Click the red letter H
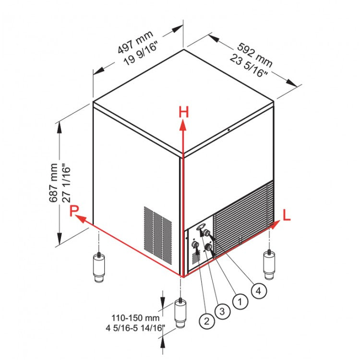coord(183,112)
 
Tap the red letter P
coord(73,211)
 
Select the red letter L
coord(286,216)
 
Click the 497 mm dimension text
coord(135,42)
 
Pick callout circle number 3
coord(221,311)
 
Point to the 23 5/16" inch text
coord(249,64)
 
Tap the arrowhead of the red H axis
coord(183,125)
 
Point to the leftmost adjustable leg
coord(99,266)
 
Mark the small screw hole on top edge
coord(229,130)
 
